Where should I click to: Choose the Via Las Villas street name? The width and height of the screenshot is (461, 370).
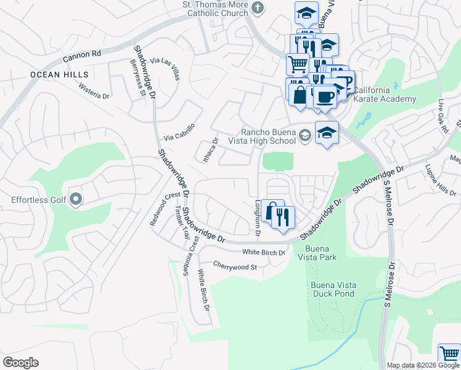click(166, 69)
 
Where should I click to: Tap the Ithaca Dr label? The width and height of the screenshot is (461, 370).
click(210, 150)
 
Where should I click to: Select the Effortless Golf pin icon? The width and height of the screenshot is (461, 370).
click(76, 199)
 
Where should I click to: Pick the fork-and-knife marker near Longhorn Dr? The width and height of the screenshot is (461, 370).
click(284, 217)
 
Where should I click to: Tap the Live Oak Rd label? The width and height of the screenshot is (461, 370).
click(441, 110)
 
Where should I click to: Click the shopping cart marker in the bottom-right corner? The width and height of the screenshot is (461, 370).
click(449, 355)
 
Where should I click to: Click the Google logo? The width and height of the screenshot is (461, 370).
click(20, 363)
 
